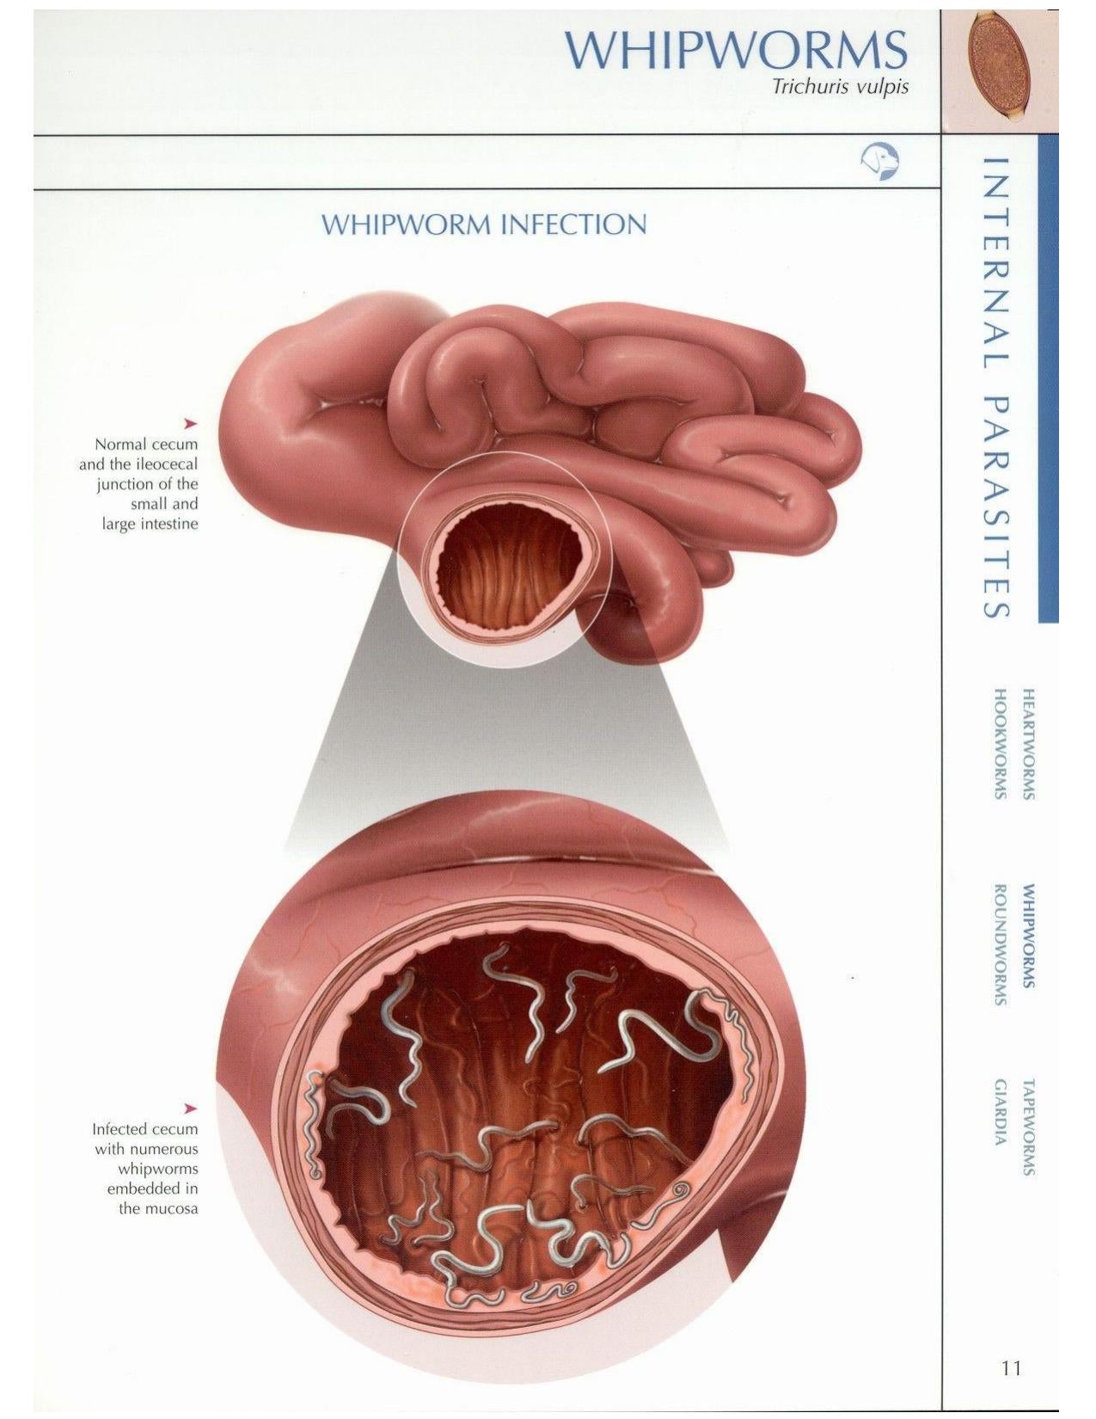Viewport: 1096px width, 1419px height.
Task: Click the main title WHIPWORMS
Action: (x=736, y=50)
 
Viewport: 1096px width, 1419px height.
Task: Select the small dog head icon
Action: (x=879, y=162)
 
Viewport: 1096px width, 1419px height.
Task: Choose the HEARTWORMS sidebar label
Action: (x=1029, y=743)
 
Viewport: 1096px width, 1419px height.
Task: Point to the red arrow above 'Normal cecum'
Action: (x=191, y=424)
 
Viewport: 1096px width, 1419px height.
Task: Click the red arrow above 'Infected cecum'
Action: (x=191, y=1109)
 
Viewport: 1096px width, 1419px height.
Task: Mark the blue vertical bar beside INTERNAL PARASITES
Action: (x=1048, y=378)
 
